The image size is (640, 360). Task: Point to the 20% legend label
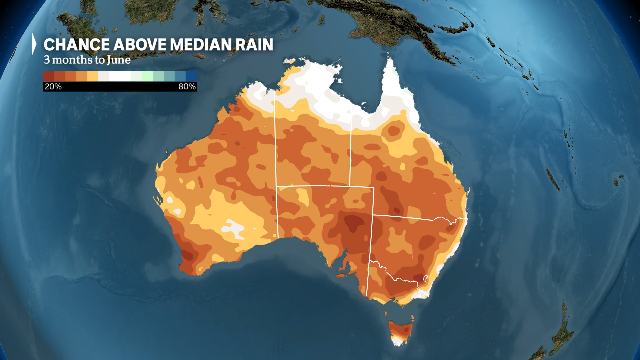click(x=53, y=87)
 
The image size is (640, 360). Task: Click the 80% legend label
click(x=187, y=87)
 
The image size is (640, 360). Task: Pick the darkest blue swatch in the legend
click(x=191, y=76)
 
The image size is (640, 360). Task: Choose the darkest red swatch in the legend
click(x=48, y=76)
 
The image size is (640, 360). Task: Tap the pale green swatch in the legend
click(x=147, y=76)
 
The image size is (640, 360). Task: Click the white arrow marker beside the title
click(x=34, y=44)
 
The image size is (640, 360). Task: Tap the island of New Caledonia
click(x=553, y=179)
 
